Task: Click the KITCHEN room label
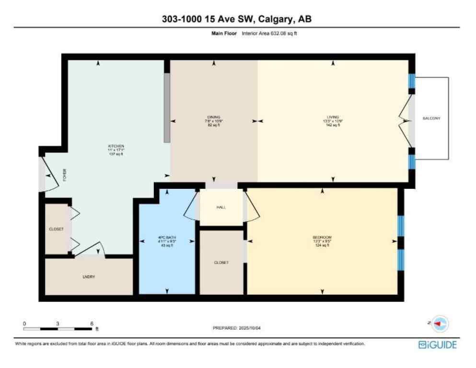click(116, 146)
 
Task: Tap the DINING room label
click(214, 117)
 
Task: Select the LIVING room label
click(333, 117)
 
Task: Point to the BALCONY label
click(431, 118)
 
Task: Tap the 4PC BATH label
click(167, 238)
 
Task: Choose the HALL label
click(221, 207)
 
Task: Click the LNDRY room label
click(89, 277)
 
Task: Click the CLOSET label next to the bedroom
click(221, 263)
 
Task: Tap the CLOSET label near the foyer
click(56, 229)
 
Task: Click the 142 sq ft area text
click(333, 125)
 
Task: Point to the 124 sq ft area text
click(322, 245)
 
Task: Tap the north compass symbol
click(439, 324)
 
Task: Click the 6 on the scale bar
click(92, 323)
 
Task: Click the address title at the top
click(238, 19)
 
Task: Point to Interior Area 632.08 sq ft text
click(269, 34)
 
